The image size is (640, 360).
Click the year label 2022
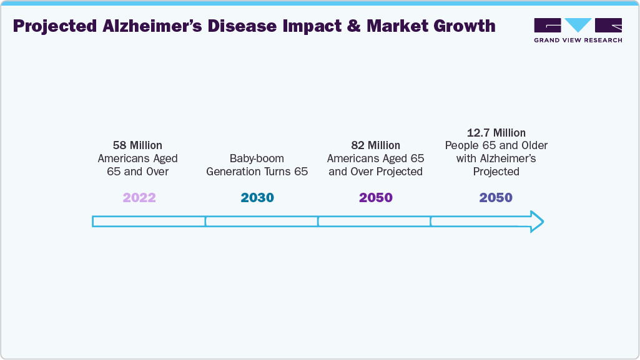(139, 198)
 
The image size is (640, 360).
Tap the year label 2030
(257, 198)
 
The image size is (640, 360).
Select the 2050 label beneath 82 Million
(375, 198)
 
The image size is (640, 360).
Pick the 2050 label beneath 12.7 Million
(496, 198)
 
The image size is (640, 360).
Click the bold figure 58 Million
(137, 145)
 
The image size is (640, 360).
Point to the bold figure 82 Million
(375, 145)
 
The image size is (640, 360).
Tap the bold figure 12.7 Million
(496, 132)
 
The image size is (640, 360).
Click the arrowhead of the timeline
(536, 221)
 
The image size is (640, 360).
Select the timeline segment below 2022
(149, 221)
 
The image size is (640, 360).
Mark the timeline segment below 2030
(262, 221)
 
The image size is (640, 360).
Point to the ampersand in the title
(354, 26)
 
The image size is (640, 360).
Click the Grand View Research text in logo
(578, 40)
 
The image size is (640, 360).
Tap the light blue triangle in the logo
(578, 25)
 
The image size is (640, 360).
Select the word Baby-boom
(257, 158)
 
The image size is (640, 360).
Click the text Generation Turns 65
(257, 172)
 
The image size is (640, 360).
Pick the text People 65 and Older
(496, 145)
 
